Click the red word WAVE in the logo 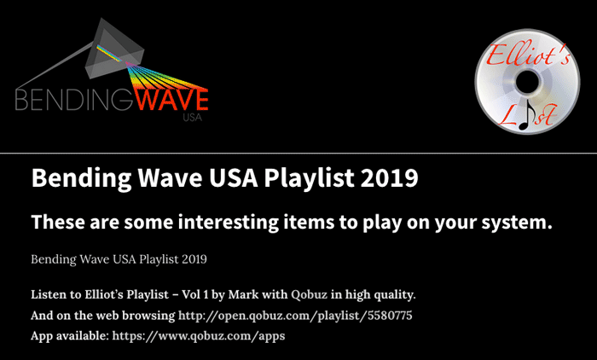(171, 99)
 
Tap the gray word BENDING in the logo (74, 100)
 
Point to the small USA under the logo (192, 118)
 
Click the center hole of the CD (527, 82)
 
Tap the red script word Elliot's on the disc (528, 56)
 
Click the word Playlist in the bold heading (309, 178)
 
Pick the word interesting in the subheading (229, 222)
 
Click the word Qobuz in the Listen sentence (309, 295)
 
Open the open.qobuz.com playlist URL (295, 316)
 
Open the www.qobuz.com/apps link (199, 336)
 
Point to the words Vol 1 (195, 294)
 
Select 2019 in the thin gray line (194, 259)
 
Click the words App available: (70, 336)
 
